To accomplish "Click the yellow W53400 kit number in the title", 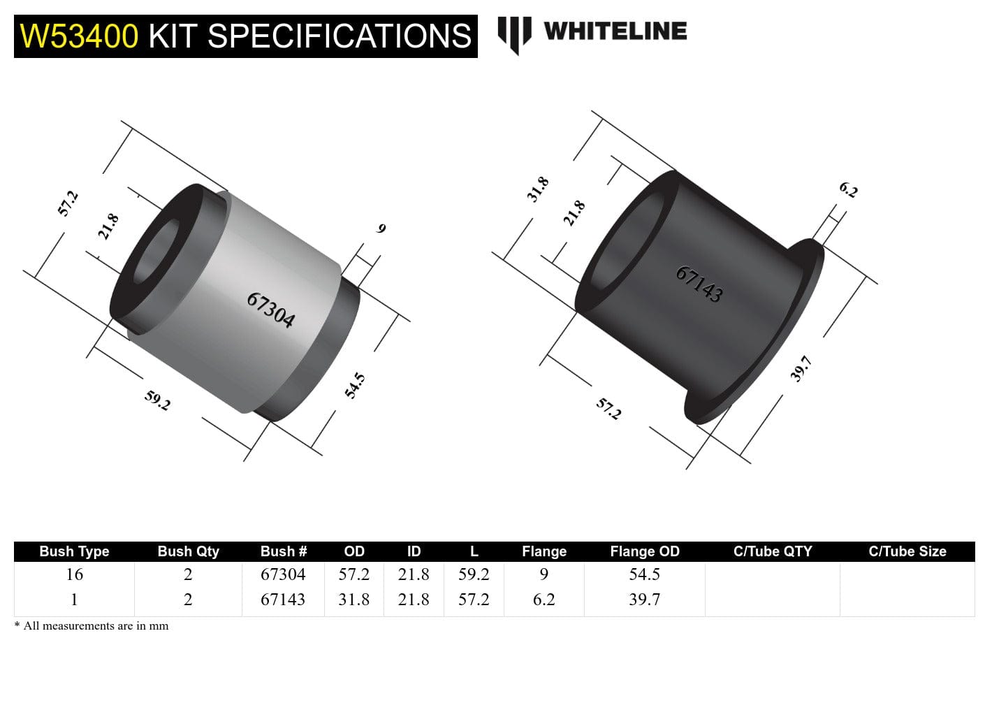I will coord(79,36).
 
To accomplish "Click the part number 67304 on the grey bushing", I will coord(270,310).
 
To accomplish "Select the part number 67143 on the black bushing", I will coord(699,284).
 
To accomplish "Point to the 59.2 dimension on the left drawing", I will coord(157,400).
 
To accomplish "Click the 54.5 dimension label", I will coord(355,386).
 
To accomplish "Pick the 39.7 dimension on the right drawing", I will coord(801,368).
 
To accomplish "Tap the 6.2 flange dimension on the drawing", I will coord(848,189).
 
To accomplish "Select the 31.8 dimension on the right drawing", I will coord(537,189).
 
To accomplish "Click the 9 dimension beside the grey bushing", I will coord(381,229).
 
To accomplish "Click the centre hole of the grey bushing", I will coord(155,253).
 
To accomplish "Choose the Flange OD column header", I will coord(644,551).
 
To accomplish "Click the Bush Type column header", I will coord(74,551).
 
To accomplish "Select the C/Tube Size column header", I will coord(907,551).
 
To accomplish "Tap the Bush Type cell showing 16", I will coord(74,574).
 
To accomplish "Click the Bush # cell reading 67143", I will coord(283,600).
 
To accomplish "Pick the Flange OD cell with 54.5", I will coord(644,574).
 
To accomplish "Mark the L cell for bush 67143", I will coord(474,600).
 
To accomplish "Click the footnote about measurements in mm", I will coord(92,626).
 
